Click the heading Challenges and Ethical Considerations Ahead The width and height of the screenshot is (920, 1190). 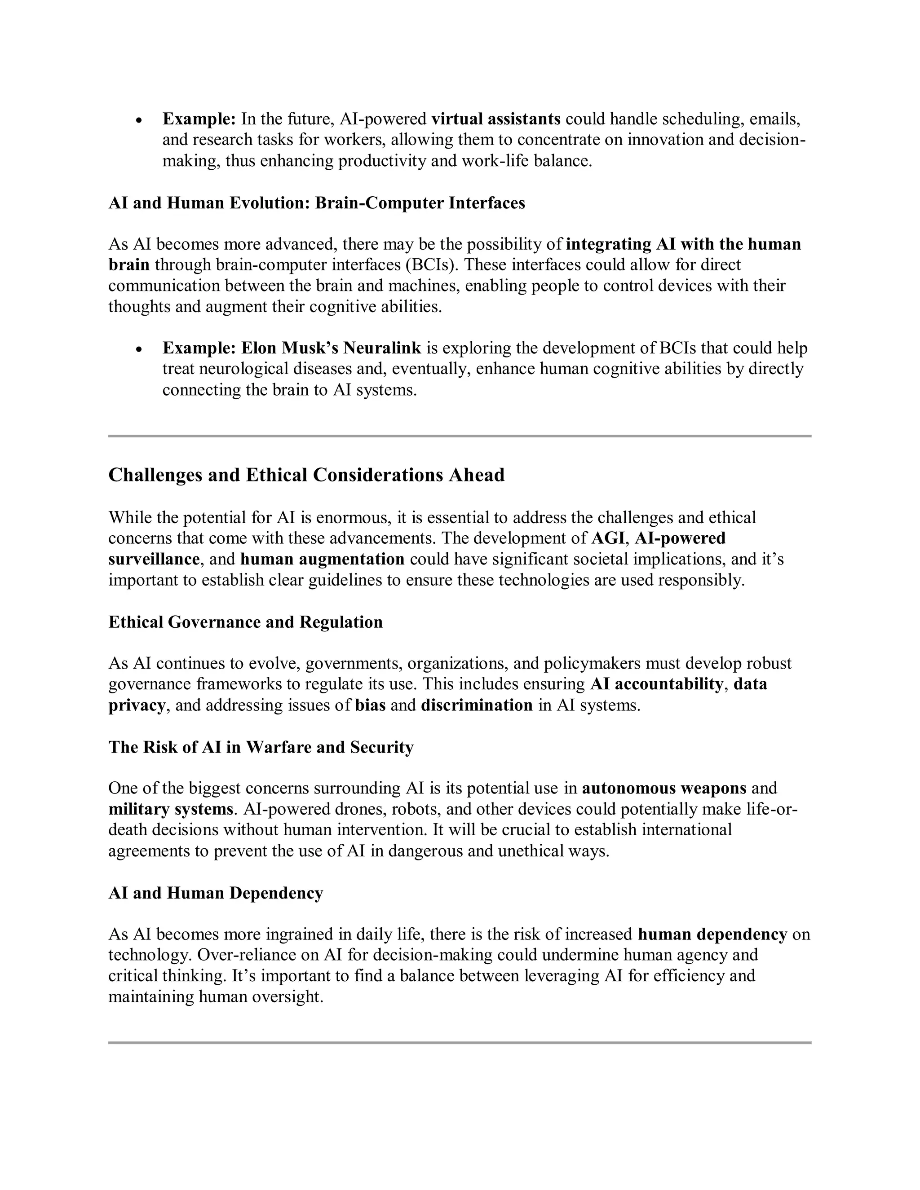pyautogui.click(x=306, y=475)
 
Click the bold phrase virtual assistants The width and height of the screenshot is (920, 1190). pyautogui.click(x=495, y=119)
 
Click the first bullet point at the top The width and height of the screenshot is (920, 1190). pyautogui.click(x=140, y=120)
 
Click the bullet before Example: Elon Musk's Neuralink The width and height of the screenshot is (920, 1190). pyautogui.click(x=140, y=349)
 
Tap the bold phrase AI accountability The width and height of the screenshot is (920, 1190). pyautogui.click(x=656, y=684)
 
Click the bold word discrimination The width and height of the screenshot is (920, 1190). pyautogui.click(x=476, y=705)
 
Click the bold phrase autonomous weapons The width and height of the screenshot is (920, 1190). pyautogui.click(x=664, y=789)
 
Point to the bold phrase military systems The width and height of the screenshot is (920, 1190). pyautogui.click(x=171, y=809)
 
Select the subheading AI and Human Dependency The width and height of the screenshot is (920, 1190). pyautogui.click(x=216, y=893)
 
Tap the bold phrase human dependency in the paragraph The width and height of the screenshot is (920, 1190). pyautogui.click(x=712, y=934)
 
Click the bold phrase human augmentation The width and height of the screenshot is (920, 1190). pyautogui.click(x=322, y=559)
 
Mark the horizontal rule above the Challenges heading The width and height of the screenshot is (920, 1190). pyautogui.click(x=460, y=436)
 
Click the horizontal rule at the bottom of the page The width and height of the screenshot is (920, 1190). pyautogui.click(x=460, y=1042)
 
